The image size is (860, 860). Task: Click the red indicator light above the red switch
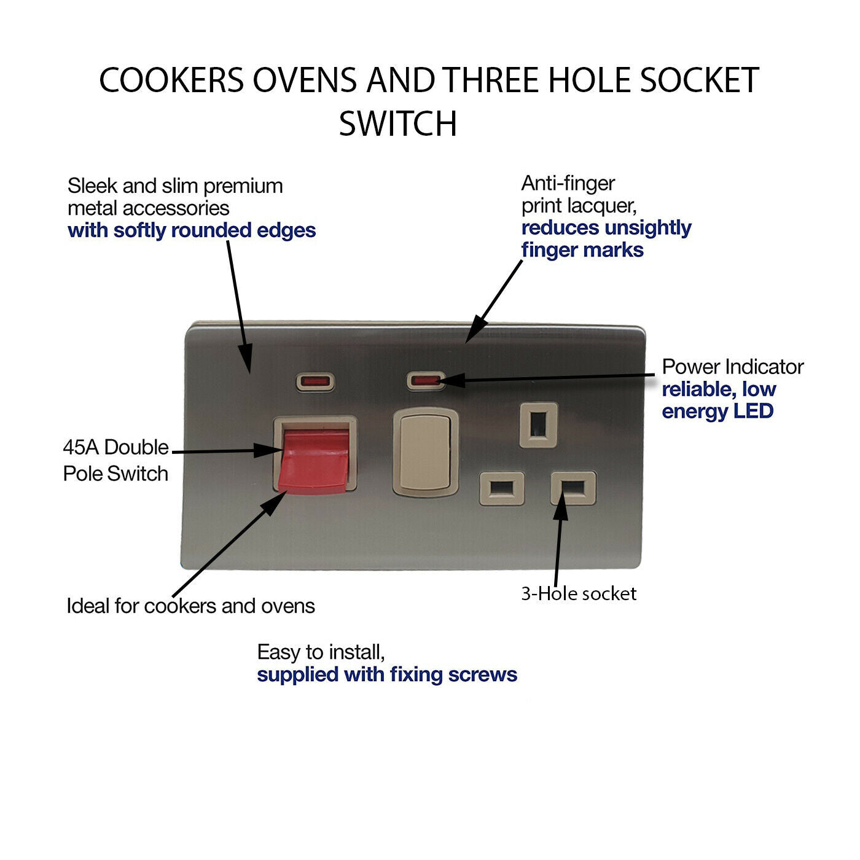[316, 382]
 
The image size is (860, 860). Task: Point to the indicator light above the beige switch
[425, 380]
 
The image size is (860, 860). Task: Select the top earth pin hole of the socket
[539, 424]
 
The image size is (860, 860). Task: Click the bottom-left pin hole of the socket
[502, 488]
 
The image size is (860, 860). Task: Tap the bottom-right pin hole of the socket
[574, 488]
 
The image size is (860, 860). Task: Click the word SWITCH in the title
[398, 124]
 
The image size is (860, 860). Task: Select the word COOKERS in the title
[171, 80]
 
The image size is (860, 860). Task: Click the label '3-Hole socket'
[579, 593]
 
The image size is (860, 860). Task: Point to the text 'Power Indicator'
[732, 367]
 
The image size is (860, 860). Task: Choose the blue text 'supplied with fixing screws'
[387, 674]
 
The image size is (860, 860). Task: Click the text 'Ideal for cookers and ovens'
[190, 606]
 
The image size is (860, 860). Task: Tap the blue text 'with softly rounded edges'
[192, 230]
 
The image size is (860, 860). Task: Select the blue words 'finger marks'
[582, 250]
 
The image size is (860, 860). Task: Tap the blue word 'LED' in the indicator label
[752, 411]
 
